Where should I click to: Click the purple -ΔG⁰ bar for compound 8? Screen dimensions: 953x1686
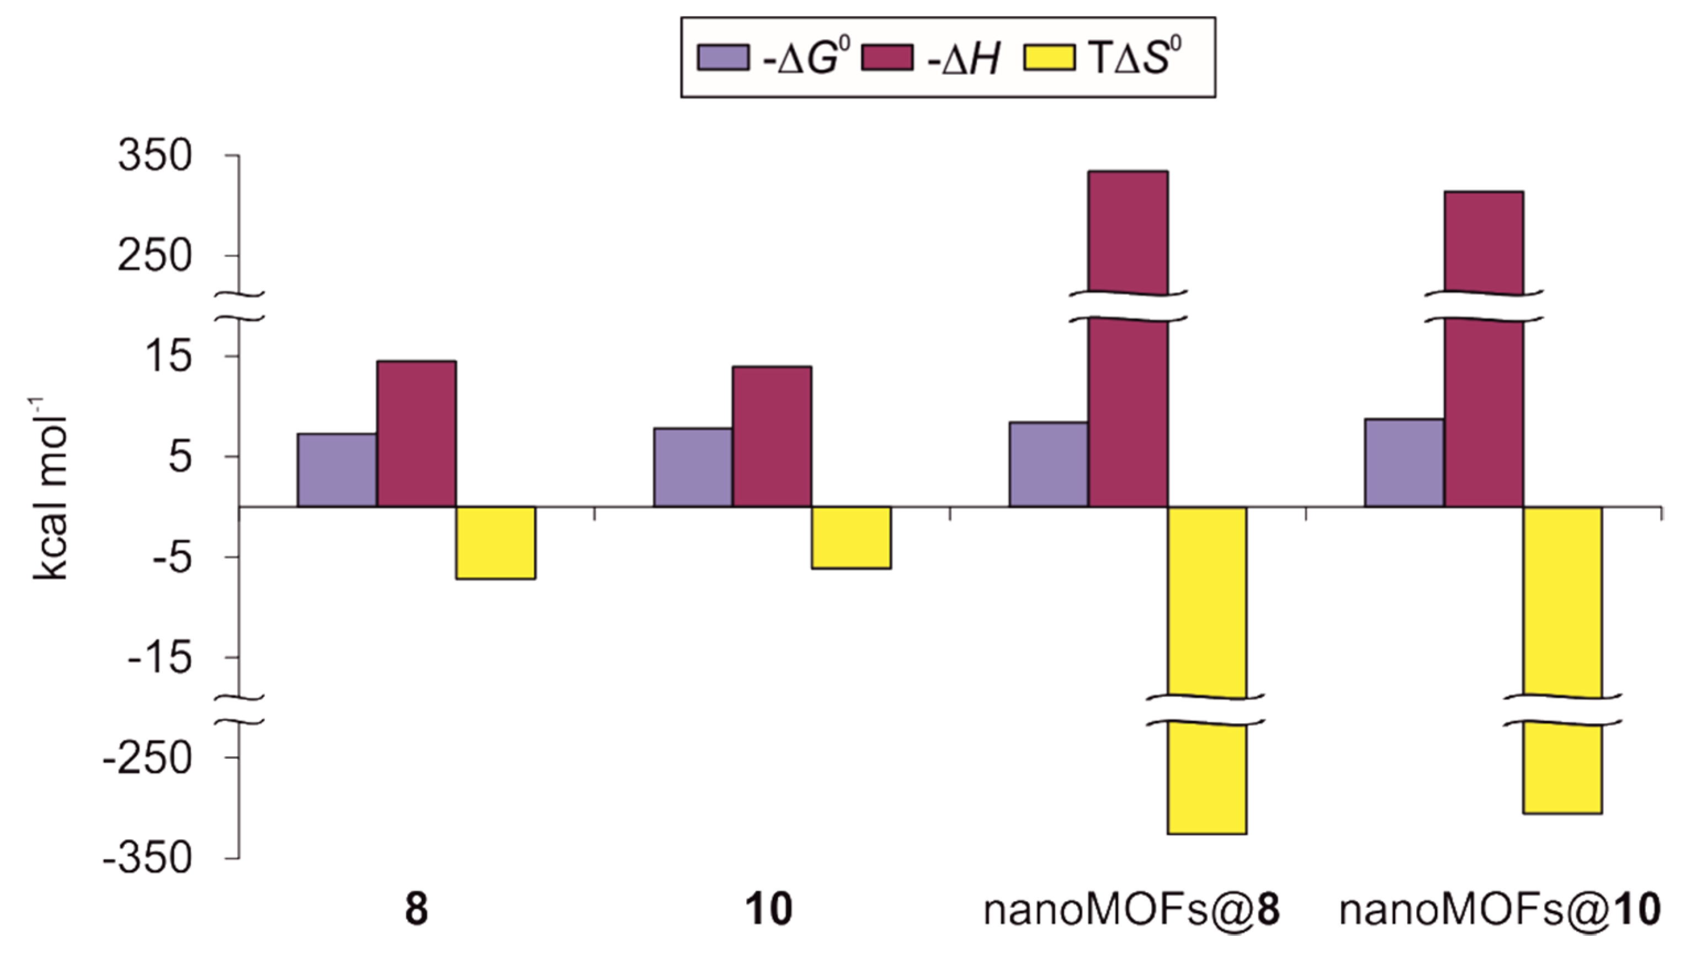[x=337, y=470]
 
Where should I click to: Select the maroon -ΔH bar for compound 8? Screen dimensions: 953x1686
[x=416, y=433]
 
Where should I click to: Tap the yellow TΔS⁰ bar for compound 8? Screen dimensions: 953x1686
[x=496, y=542]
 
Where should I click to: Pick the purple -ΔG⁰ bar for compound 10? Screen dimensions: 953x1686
[x=693, y=467]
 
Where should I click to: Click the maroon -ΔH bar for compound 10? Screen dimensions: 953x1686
[x=772, y=436]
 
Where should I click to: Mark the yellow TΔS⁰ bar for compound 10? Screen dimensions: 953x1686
[x=851, y=537]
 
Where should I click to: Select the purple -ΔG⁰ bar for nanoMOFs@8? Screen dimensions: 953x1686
[x=1048, y=464]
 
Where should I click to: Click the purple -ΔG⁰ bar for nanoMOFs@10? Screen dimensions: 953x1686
[x=1404, y=462]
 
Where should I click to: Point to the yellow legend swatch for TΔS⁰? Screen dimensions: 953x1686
[x=1049, y=57]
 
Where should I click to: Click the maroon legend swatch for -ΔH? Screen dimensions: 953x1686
[x=887, y=57]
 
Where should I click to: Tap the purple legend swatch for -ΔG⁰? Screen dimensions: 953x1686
[x=722, y=57]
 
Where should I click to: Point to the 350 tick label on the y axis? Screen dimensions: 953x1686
[x=155, y=157]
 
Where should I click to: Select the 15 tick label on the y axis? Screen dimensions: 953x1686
[x=172, y=358]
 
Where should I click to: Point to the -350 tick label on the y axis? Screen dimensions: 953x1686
[x=148, y=859]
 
